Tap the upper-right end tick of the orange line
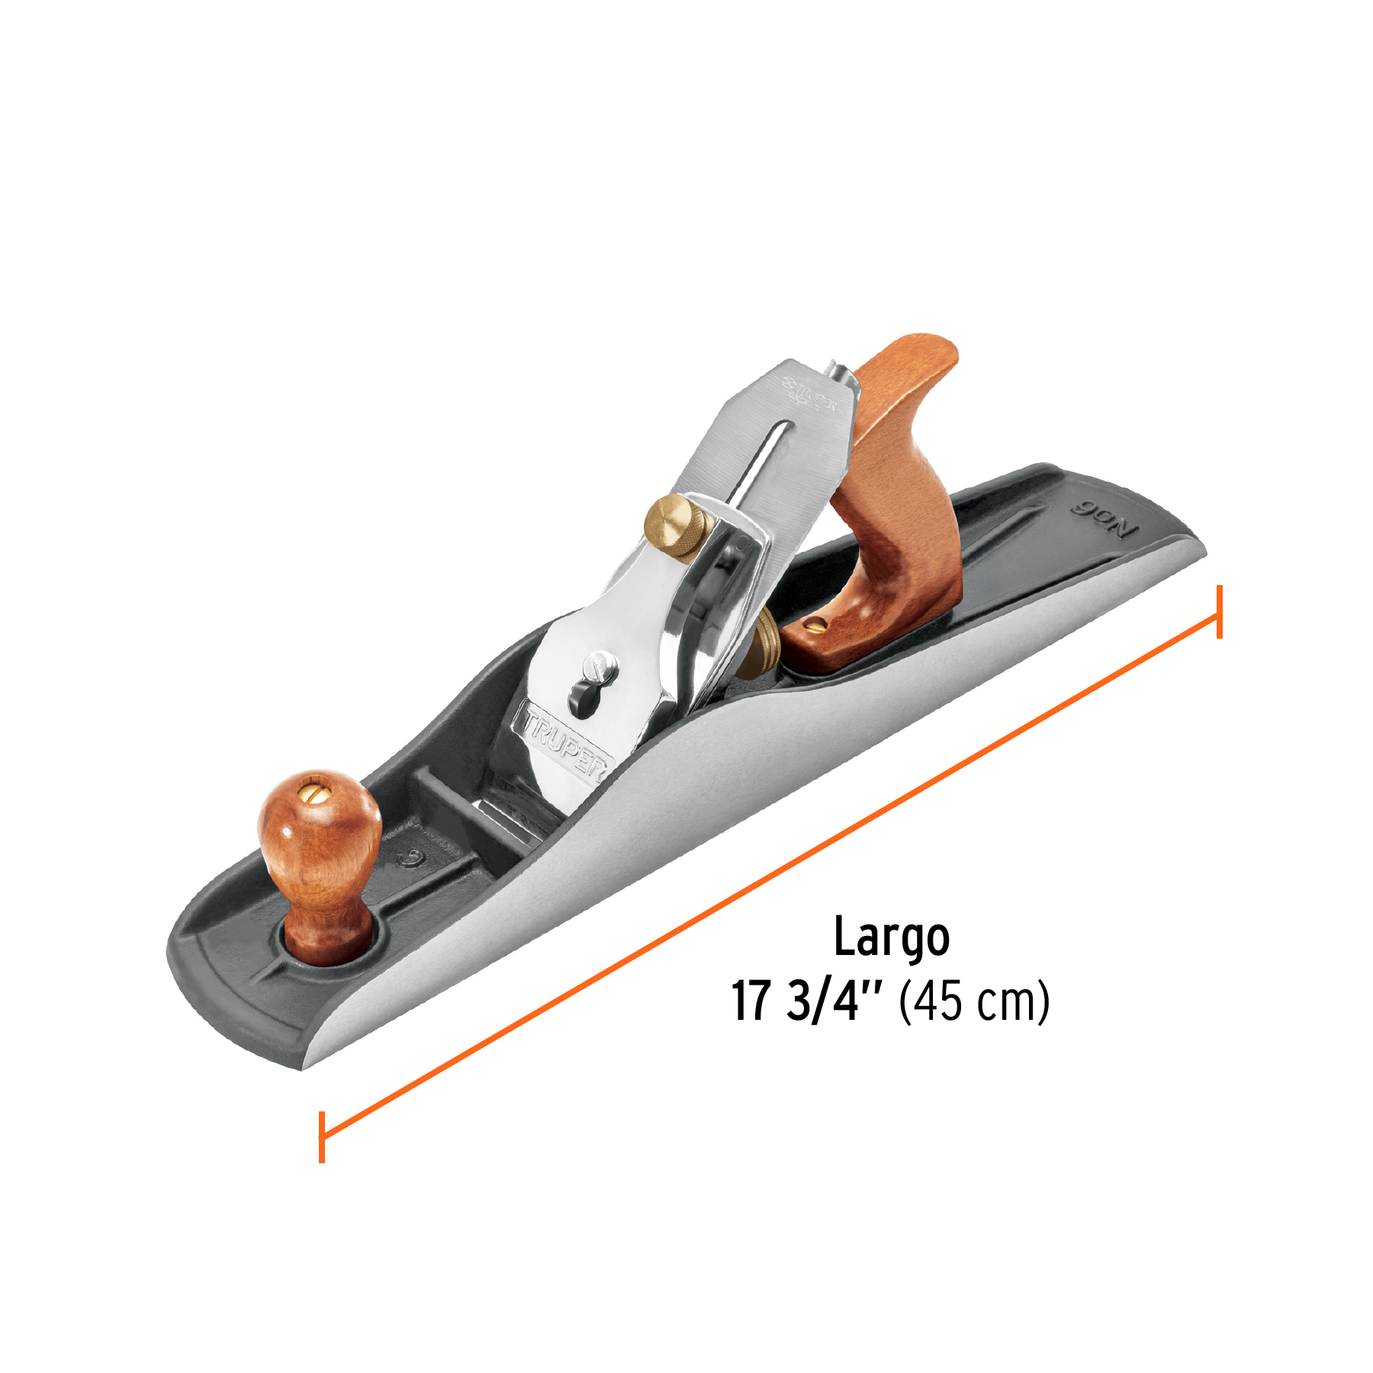1220,612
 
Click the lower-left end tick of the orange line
322,1137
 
